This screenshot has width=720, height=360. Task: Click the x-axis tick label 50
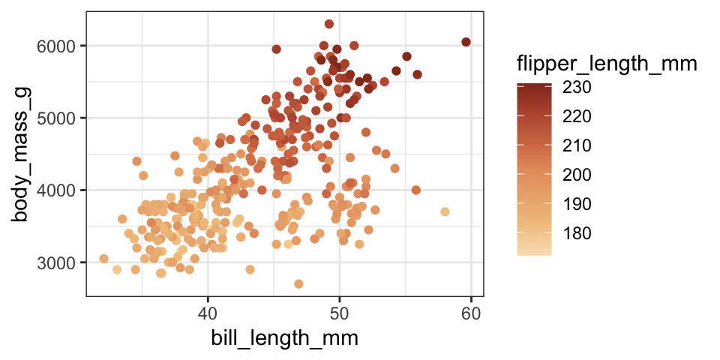340,311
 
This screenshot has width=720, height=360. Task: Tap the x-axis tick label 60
471,311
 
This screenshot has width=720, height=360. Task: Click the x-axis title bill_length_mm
283,338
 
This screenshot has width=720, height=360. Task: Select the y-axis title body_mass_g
22,154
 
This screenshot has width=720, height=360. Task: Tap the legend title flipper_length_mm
607,65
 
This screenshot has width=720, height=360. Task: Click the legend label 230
577,88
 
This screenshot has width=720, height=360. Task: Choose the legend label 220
577,116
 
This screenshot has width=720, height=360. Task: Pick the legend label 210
577,145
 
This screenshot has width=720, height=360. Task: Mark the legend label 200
577,175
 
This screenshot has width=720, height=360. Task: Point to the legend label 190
577,204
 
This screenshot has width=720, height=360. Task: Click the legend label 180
577,233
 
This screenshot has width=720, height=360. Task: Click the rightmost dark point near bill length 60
466,42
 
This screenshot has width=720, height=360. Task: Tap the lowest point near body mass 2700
298,284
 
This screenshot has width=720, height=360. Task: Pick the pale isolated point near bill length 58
445,211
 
